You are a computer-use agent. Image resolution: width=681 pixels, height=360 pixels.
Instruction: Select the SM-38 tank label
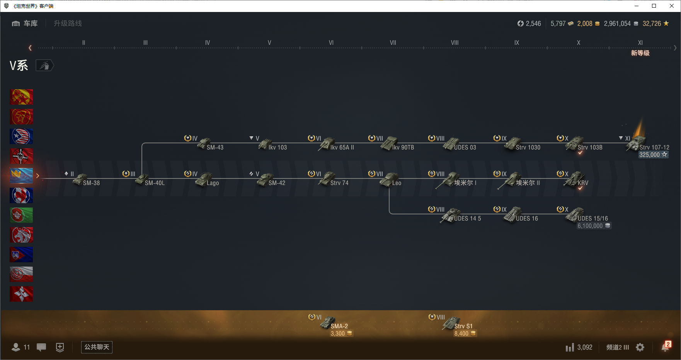point(91,183)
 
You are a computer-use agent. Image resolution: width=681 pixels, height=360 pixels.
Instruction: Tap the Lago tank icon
point(204,179)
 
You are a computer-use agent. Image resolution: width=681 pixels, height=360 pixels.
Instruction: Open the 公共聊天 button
point(97,347)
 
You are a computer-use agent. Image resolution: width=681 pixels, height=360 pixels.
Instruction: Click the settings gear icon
point(640,347)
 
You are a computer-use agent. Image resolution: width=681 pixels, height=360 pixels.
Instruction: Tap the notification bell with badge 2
point(665,347)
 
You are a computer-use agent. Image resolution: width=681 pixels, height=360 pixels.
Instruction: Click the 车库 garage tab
point(25,24)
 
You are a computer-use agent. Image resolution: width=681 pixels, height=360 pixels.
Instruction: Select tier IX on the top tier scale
point(516,43)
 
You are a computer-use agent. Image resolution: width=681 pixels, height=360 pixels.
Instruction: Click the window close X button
point(672,6)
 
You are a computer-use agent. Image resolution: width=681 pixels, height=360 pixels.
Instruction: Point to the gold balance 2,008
point(585,24)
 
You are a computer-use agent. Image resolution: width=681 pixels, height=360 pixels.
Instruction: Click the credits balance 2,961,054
point(617,24)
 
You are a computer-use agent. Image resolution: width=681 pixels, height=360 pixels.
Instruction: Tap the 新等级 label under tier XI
point(640,53)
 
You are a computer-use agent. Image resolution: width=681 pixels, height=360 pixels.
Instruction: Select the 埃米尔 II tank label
point(528,183)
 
